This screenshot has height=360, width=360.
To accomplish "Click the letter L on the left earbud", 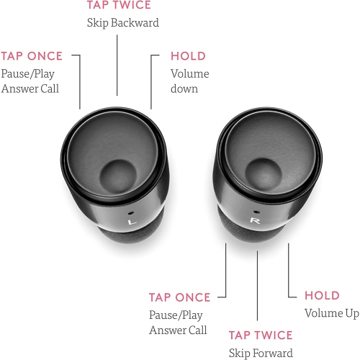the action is tap(131, 222).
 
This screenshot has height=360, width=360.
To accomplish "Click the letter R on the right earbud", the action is tap(255, 220).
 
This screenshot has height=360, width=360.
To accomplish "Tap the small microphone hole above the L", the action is tap(131, 213).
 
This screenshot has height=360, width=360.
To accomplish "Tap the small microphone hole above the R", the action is tap(256, 212).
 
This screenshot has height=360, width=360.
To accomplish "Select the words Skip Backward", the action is tap(123, 23).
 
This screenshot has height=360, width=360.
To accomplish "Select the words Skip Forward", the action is tap(261, 353).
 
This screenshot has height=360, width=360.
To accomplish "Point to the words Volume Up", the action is tap(332, 313).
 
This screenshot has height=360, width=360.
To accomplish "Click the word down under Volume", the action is tap(184, 89).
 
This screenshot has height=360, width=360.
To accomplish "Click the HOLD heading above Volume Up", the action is tap(322, 295).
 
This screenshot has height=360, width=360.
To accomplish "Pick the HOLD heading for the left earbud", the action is tap(188, 56).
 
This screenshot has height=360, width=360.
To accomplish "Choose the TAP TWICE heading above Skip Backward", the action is tap(119, 5).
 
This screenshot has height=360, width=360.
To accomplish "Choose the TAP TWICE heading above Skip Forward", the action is tap(261, 336).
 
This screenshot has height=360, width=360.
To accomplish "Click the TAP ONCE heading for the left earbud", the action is tap(32, 56).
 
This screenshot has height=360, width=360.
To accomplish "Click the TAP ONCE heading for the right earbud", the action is tap(179, 297).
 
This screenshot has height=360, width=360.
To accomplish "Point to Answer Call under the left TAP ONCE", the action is tap(30, 89).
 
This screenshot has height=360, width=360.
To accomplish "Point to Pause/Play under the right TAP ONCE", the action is tap(176, 315).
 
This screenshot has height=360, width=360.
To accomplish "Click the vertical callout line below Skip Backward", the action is tap(117, 66).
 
